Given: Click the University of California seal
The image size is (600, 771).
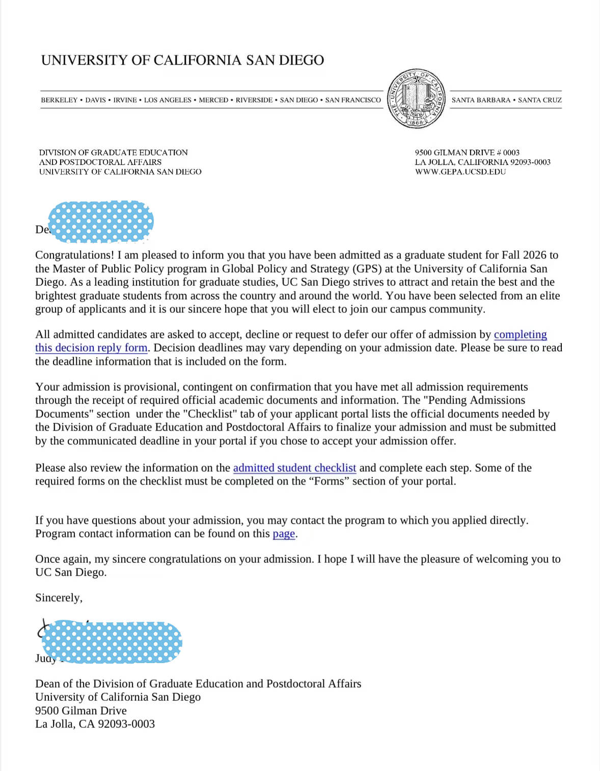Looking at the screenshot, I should click(x=416, y=99).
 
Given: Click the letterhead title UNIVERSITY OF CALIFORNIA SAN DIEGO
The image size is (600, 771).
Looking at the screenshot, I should click(x=182, y=61).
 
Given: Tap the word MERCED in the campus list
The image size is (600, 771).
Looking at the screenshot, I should click(x=213, y=100).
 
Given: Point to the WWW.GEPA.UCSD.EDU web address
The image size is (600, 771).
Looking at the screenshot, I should click(x=460, y=172).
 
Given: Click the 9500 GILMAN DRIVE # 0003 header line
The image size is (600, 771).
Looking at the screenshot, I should click(x=467, y=153).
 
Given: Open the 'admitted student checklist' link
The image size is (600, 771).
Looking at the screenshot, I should click(x=294, y=468).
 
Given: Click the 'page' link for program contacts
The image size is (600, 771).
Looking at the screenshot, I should click(x=284, y=534).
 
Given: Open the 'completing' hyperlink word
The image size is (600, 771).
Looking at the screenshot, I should click(x=520, y=335).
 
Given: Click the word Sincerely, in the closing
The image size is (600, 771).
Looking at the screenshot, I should click(x=59, y=598).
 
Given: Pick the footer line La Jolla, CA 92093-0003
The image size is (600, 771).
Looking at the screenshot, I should click(x=95, y=724).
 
